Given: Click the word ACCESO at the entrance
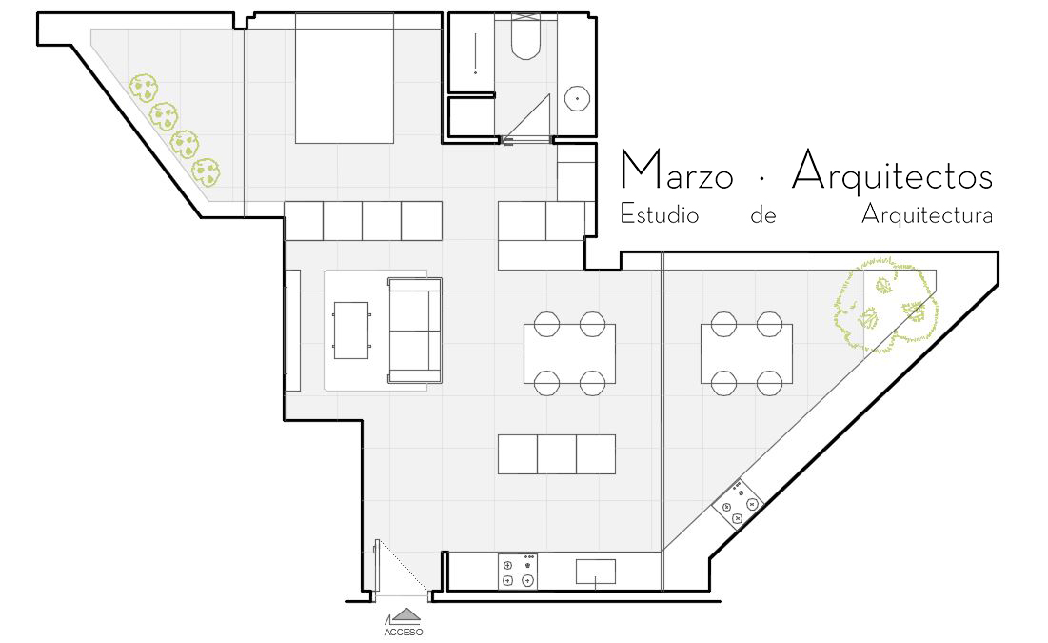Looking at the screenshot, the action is click(x=403, y=632).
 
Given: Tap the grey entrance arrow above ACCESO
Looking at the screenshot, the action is click(x=406, y=614).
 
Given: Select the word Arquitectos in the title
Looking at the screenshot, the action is click(x=892, y=171).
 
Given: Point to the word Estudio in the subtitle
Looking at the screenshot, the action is click(x=660, y=213).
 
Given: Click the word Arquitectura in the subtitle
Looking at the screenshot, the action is click(x=927, y=214).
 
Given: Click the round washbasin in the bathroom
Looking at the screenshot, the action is click(x=577, y=98).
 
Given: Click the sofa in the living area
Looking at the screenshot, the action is click(x=414, y=331).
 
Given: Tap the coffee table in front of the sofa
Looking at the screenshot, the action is click(x=351, y=331).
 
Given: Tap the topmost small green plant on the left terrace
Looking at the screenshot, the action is click(x=143, y=88).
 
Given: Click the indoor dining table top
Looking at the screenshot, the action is click(x=569, y=354).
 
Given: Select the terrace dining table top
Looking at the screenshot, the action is click(x=746, y=354).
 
